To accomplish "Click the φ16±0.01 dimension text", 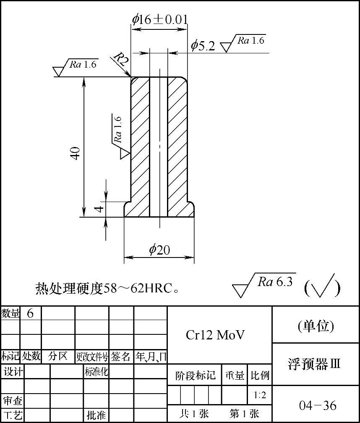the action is pyautogui.click(x=159, y=19).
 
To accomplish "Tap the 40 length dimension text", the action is pyautogui.click(x=76, y=153).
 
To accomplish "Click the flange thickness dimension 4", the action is pyautogui.click(x=99, y=208).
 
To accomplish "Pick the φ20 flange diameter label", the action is pyautogui.click(x=159, y=250).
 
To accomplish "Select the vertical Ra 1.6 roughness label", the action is pyautogui.click(x=118, y=130).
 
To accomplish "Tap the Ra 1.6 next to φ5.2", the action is pyautogui.click(x=250, y=41).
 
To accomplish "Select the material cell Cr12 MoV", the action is pyautogui.click(x=215, y=335).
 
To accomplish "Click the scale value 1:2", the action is pyautogui.click(x=260, y=395).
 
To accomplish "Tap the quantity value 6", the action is pyautogui.click(x=30, y=313).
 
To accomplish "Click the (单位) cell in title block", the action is pyautogui.click(x=316, y=326).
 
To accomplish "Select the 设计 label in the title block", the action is pyautogui.click(x=13, y=371).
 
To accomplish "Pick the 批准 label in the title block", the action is pyautogui.click(x=96, y=415).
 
